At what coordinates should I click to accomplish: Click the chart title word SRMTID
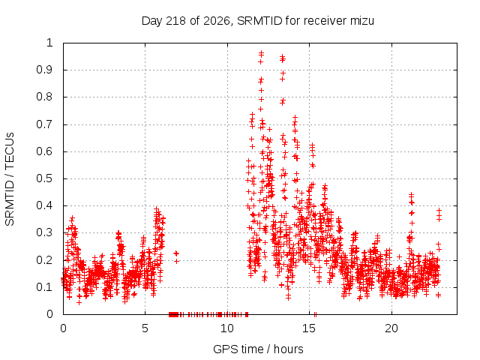(259, 21)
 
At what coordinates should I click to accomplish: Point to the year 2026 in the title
(217, 22)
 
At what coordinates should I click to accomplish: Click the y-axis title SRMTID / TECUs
(10, 179)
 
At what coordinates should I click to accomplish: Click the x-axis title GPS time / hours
(258, 349)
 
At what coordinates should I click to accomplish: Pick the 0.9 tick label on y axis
(45, 70)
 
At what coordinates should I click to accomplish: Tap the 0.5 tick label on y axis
(45, 178)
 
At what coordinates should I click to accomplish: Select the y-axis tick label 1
(50, 43)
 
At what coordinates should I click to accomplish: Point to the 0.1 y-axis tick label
(45, 287)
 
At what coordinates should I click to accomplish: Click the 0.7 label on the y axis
(45, 124)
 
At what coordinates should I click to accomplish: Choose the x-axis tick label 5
(145, 328)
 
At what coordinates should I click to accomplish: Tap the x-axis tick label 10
(227, 328)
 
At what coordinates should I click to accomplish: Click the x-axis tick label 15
(309, 328)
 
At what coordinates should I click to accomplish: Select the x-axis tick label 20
(391, 328)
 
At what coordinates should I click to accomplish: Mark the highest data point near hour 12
(261, 53)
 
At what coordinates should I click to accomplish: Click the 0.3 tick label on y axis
(45, 232)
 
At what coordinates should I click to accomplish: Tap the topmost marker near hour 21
(412, 194)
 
